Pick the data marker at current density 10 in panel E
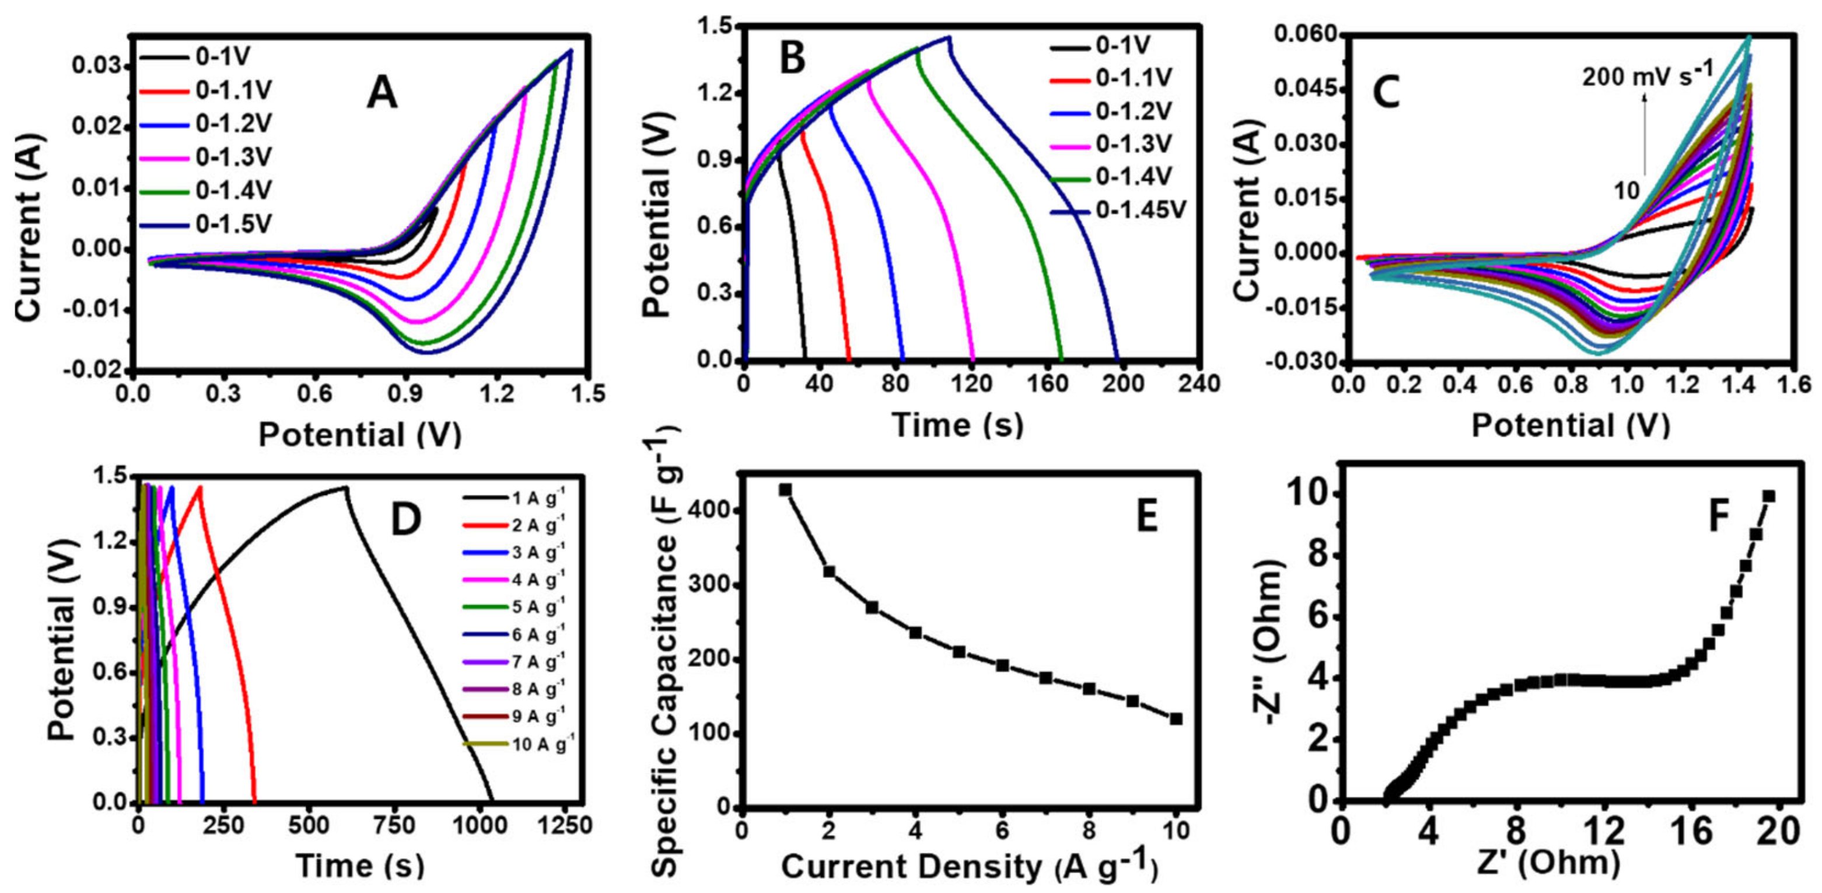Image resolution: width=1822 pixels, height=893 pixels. click(x=1176, y=719)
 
